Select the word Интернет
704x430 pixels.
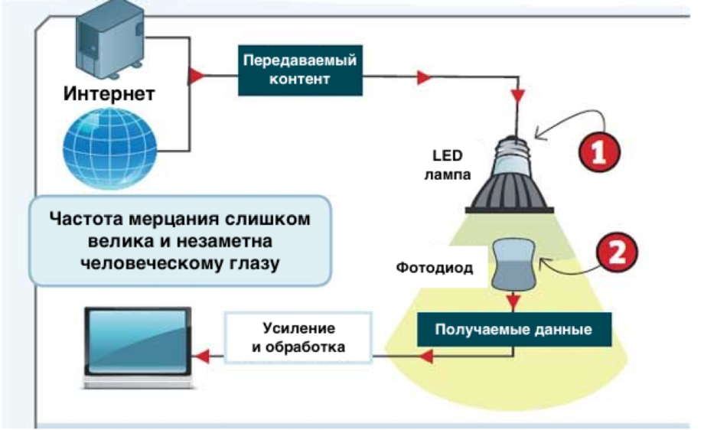pyautogui.click(x=109, y=94)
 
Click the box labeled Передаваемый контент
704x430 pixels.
pyautogui.click(x=299, y=70)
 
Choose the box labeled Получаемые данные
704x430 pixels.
pyautogui.click(x=513, y=330)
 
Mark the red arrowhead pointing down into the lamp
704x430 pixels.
pyautogui.click(x=517, y=96)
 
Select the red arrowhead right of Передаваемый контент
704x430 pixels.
pyautogui.click(x=424, y=78)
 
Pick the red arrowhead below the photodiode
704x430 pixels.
pyautogui.click(x=515, y=301)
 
